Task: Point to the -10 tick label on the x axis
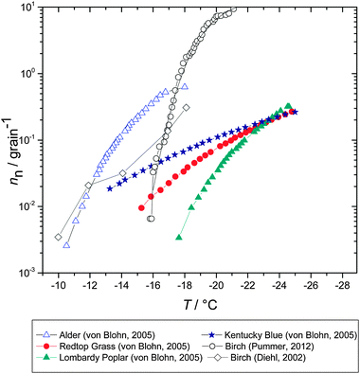tap(59, 285)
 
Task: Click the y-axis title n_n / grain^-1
tap(10, 140)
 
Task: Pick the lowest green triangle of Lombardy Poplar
tap(179, 238)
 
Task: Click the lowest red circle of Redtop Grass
tap(142, 208)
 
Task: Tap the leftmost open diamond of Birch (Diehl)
tap(59, 238)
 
